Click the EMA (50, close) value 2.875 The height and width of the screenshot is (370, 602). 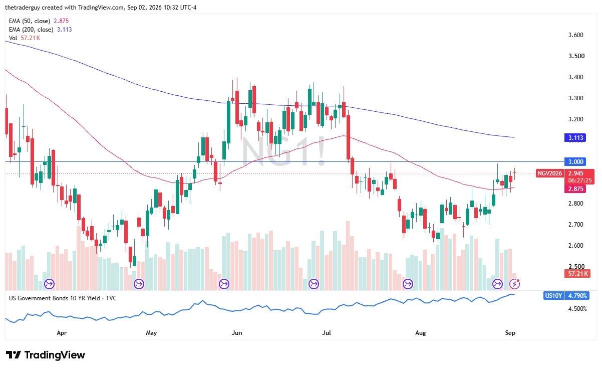point(61,21)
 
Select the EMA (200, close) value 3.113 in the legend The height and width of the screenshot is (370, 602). point(64,30)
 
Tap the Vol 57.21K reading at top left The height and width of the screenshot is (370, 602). point(31,38)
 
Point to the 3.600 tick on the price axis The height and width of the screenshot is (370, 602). point(575,35)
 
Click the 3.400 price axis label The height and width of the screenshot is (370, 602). point(575,77)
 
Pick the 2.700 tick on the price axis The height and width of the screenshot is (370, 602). point(575,225)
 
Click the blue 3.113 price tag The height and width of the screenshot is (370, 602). point(575,138)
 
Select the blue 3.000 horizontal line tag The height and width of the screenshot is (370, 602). point(575,162)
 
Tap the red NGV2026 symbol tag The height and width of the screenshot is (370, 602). point(549,173)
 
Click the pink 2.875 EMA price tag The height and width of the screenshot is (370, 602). point(575,189)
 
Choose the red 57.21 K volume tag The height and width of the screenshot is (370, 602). point(577,274)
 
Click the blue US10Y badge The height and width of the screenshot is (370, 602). point(553,296)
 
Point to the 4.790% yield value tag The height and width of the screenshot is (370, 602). point(577,296)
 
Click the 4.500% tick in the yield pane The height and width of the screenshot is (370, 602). point(577,309)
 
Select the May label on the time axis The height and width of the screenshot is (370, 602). point(151,333)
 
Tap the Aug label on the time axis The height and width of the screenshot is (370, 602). point(421,333)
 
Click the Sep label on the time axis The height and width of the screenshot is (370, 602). point(510,333)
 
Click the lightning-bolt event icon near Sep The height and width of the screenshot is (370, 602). point(515,284)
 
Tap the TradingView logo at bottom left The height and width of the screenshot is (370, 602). point(46,355)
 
